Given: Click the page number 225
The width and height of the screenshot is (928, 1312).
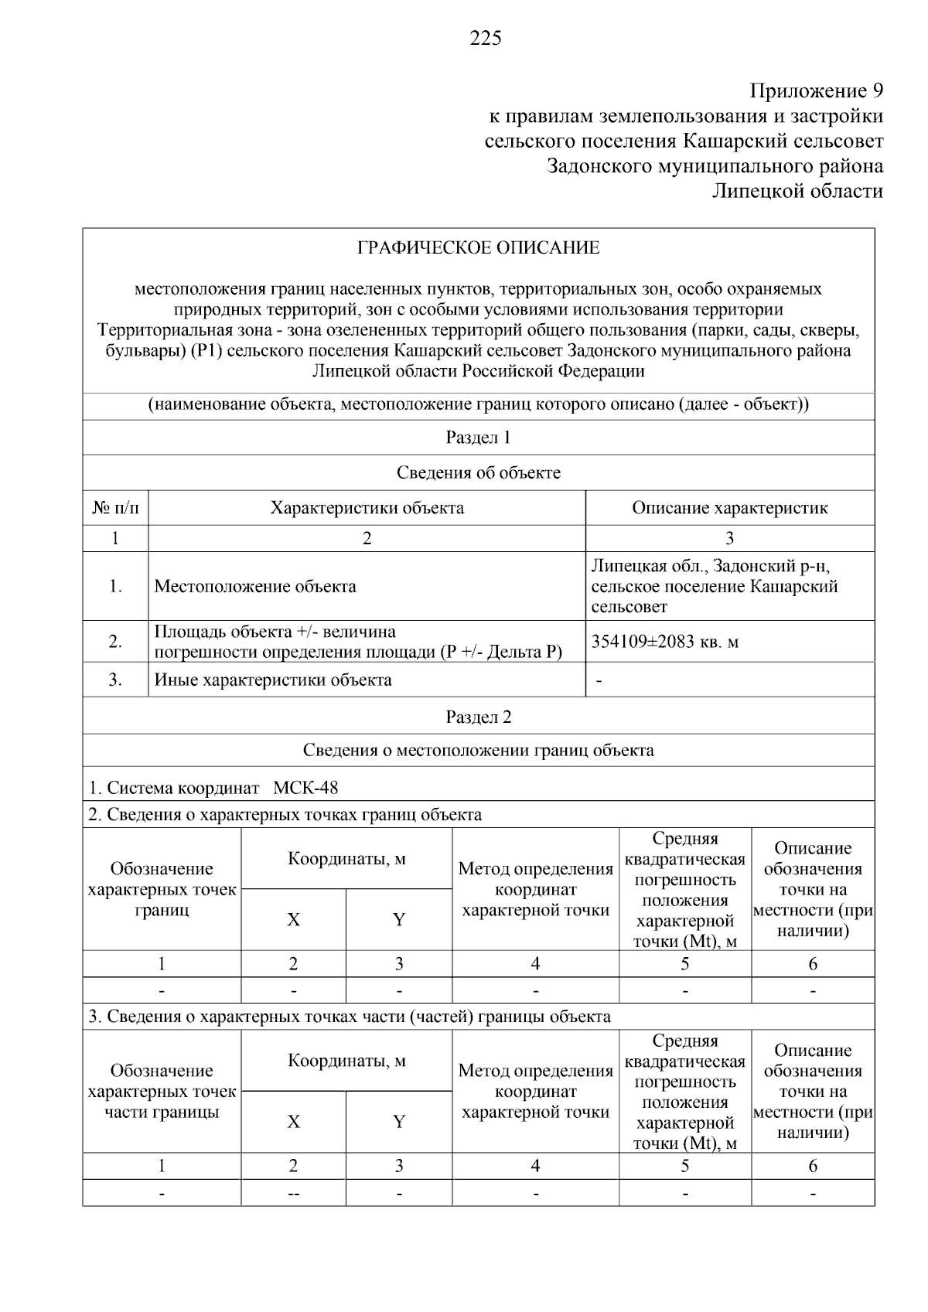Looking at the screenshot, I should [x=486, y=38].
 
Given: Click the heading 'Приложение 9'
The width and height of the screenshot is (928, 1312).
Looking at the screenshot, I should [x=816, y=91].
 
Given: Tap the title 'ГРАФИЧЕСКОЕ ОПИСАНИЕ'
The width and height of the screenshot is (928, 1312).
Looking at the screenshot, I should [x=478, y=248].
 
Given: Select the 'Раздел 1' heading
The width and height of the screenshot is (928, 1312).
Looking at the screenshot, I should [x=478, y=438].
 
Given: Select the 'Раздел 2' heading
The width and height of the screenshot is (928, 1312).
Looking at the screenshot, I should [x=478, y=717].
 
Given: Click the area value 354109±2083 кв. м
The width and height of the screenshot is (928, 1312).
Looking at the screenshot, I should [x=665, y=642].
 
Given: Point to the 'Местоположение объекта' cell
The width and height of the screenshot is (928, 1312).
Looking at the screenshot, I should [x=255, y=586].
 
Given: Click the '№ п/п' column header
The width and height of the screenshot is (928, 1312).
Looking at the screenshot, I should [x=115, y=508].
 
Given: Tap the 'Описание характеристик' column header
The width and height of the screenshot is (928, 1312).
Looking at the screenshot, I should [x=729, y=508].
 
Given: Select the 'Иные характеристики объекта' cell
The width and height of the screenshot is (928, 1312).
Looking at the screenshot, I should [x=273, y=680].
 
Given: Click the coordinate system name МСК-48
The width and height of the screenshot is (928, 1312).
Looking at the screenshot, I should [x=305, y=788].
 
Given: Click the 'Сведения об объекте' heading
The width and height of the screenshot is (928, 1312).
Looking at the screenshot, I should [x=478, y=472].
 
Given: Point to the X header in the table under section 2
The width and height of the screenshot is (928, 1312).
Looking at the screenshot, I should [x=293, y=919].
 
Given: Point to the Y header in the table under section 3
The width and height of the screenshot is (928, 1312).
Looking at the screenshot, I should [x=398, y=1122].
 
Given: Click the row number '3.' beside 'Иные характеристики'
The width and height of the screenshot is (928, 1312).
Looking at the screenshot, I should [x=115, y=680].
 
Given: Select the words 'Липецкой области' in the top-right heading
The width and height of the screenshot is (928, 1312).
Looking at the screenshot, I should [x=797, y=191].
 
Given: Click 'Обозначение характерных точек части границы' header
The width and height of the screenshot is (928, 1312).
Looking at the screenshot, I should [x=162, y=1092].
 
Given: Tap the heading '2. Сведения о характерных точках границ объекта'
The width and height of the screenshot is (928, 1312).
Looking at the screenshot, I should [x=285, y=814].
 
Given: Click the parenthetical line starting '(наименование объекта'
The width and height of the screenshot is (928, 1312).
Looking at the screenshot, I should [x=478, y=404].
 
